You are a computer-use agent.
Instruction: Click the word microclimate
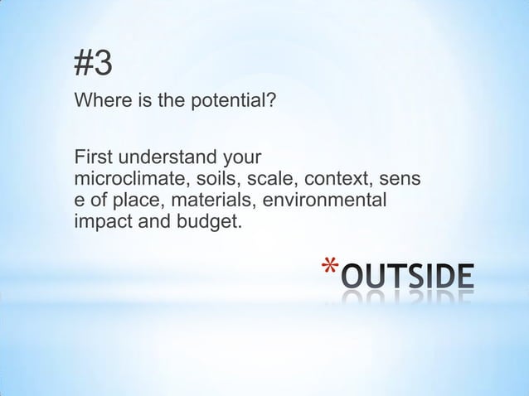click(x=125, y=179)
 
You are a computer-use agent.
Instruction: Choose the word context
click(x=324, y=179)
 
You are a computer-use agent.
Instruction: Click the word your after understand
click(x=244, y=157)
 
